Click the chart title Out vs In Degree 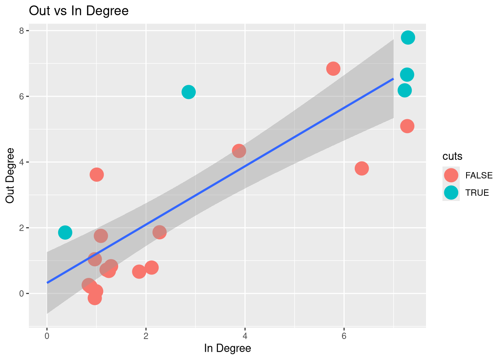pyautogui.click(x=79, y=11)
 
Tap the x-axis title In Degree pyautogui.click(x=227, y=348)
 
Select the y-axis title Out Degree pyautogui.click(x=10, y=175)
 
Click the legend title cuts pyautogui.click(x=452, y=156)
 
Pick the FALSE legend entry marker pyautogui.click(x=451, y=175)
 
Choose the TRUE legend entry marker pyautogui.click(x=451, y=192)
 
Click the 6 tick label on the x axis pyautogui.click(x=344, y=336)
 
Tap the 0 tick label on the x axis pyautogui.click(x=47, y=336)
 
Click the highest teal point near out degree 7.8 pyautogui.click(x=408, y=37)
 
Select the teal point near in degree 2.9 pyautogui.click(x=189, y=92)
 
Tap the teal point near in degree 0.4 pyautogui.click(x=65, y=232)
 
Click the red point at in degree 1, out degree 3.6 pyautogui.click(x=97, y=174)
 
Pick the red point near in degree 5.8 pyautogui.click(x=333, y=69)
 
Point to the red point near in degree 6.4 pyautogui.click(x=361, y=168)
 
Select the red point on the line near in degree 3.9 pyautogui.click(x=239, y=151)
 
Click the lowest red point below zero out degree pyautogui.click(x=94, y=298)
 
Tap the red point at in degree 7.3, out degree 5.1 pyautogui.click(x=407, y=126)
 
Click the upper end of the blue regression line pyautogui.click(x=393, y=79)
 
